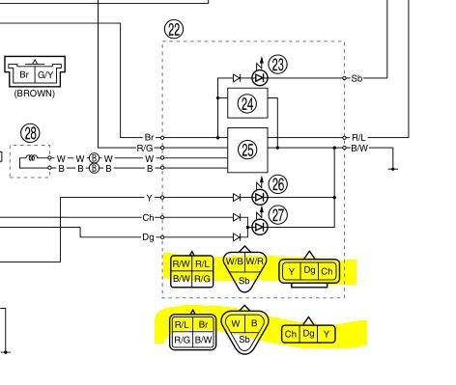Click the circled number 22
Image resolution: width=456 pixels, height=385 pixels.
point(174,30)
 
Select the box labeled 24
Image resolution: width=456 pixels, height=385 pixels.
point(247,103)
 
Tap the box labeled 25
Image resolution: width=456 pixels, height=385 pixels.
point(247,151)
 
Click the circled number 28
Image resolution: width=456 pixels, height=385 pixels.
point(31,133)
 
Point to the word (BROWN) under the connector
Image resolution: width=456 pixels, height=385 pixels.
point(35,94)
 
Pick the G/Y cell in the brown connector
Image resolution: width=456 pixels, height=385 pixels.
point(45,75)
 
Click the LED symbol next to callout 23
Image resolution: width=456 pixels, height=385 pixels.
point(260,78)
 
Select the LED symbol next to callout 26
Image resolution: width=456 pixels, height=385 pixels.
point(260,197)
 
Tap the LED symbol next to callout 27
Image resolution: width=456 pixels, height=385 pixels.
point(260,228)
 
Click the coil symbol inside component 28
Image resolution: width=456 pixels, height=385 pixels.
point(32,157)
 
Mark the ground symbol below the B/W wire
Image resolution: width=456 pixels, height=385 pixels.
point(393,169)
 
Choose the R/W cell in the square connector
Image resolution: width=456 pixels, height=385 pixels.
point(182,264)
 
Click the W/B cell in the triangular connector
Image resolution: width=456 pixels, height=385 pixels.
point(235,261)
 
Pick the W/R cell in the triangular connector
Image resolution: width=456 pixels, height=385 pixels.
point(255,261)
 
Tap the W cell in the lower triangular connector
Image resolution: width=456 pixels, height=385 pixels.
point(236,323)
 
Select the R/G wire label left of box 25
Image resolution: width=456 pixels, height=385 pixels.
point(145,148)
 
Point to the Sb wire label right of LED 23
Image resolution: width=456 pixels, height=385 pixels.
point(356,78)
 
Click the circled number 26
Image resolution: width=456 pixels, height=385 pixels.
point(278,184)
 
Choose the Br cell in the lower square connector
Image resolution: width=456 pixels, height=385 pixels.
point(203,324)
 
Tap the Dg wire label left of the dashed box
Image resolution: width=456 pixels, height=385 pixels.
point(148,237)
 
